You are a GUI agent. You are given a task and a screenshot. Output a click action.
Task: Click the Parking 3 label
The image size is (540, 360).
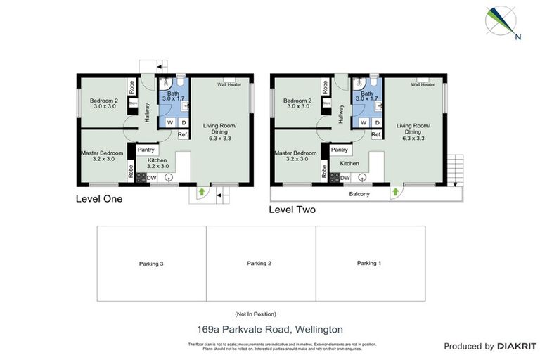point(151,264)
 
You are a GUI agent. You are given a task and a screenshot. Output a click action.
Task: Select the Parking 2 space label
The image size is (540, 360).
point(259,264)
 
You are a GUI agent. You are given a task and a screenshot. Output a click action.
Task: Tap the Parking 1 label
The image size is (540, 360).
point(368,263)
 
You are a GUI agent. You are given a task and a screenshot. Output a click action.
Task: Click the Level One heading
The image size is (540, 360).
point(99,199)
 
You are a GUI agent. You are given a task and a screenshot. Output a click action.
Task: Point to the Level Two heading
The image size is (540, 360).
point(292,210)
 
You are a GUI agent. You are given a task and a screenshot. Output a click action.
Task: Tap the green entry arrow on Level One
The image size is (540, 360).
point(202,191)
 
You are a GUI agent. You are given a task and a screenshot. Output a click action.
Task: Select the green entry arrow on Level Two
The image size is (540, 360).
point(395,191)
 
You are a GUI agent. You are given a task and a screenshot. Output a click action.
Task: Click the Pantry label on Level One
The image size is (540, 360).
point(146,150)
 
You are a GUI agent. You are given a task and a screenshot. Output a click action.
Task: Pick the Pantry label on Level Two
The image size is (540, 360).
point(340,150)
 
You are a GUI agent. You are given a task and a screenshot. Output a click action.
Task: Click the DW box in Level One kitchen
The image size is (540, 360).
point(151,179)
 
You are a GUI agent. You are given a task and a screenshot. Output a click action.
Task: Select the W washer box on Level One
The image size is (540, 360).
point(170,122)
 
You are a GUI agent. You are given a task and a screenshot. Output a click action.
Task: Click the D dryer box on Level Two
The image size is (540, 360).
point(375,122)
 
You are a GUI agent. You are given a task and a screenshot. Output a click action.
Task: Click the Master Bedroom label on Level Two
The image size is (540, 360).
point(295,156)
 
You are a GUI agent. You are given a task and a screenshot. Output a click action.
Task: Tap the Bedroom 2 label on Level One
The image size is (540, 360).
point(103,104)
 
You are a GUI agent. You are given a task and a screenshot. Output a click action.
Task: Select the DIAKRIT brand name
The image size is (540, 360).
point(517,346)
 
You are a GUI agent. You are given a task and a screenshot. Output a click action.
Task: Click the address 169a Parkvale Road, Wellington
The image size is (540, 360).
point(269,328)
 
